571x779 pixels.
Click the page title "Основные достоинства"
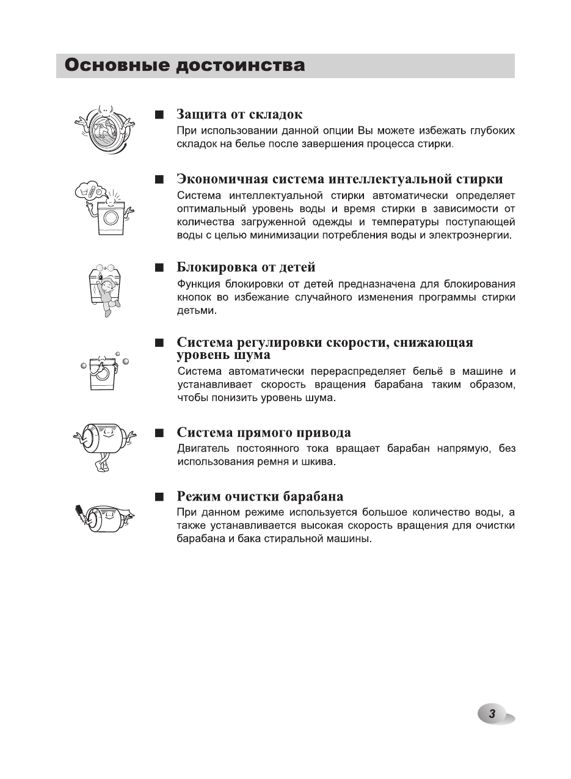pyautogui.click(x=184, y=65)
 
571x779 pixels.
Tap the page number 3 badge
pyautogui.click(x=492, y=714)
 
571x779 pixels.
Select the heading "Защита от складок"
pyautogui.click(x=239, y=114)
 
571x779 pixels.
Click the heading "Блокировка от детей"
pyautogui.click(x=245, y=267)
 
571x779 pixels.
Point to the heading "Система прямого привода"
pyautogui.click(x=264, y=433)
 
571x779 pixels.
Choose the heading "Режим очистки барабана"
pyautogui.click(x=260, y=496)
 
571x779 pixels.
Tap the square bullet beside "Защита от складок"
pyautogui.click(x=159, y=115)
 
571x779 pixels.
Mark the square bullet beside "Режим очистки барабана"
pyautogui.click(x=159, y=496)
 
